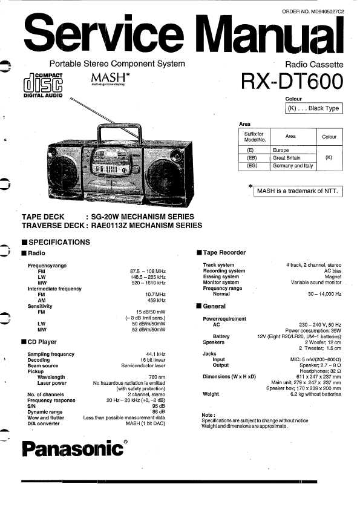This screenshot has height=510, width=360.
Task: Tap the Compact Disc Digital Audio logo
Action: point(43,85)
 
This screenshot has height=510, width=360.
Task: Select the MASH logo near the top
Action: point(110,79)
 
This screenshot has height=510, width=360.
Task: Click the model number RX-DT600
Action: point(292,81)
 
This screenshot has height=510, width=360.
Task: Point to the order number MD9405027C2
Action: point(313,11)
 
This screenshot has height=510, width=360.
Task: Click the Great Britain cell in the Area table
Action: point(287,158)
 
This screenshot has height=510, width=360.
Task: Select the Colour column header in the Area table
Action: point(329,137)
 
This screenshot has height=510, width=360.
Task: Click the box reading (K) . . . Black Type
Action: point(313,108)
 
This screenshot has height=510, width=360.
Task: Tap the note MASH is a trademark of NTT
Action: point(298,191)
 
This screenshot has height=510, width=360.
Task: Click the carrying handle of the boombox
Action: point(120,132)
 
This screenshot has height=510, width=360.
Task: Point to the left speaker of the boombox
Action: point(64,172)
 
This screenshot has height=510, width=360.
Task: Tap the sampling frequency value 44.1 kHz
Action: point(155,354)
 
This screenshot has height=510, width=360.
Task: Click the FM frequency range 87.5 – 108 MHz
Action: point(148,271)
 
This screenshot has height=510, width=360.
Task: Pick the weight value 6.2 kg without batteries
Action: point(315,394)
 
